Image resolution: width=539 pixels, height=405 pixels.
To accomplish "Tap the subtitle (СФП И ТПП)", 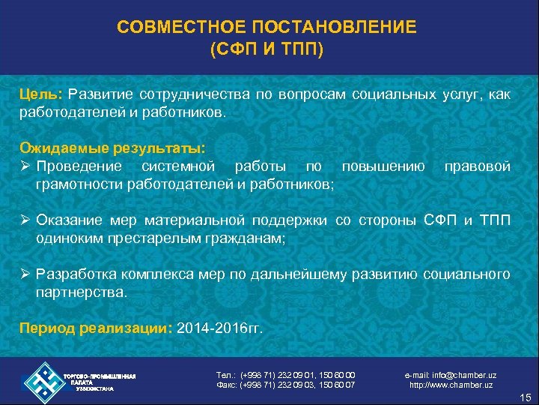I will pyautogui.click(x=267, y=50).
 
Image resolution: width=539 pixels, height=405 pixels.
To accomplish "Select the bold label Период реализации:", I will pyautogui.click(x=97, y=329).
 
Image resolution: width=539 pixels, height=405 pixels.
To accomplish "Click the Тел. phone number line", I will pyautogui.click(x=285, y=374).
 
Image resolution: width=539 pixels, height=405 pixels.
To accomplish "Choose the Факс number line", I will pyautogui.click(x=285, y=385).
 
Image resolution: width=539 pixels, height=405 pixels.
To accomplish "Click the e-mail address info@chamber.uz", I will pyautogui.click(x=450, y=374).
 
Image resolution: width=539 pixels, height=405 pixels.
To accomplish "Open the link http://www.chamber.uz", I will pyautogui.click(x=451, y=385).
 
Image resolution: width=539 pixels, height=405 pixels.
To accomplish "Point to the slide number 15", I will pyautogui.click(x=523, y=396).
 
